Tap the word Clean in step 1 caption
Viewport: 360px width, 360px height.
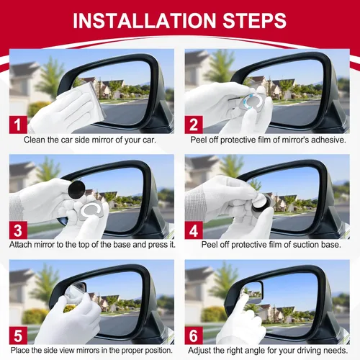37,139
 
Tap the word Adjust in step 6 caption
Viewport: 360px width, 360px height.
201,350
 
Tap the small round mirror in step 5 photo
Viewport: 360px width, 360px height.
77,289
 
